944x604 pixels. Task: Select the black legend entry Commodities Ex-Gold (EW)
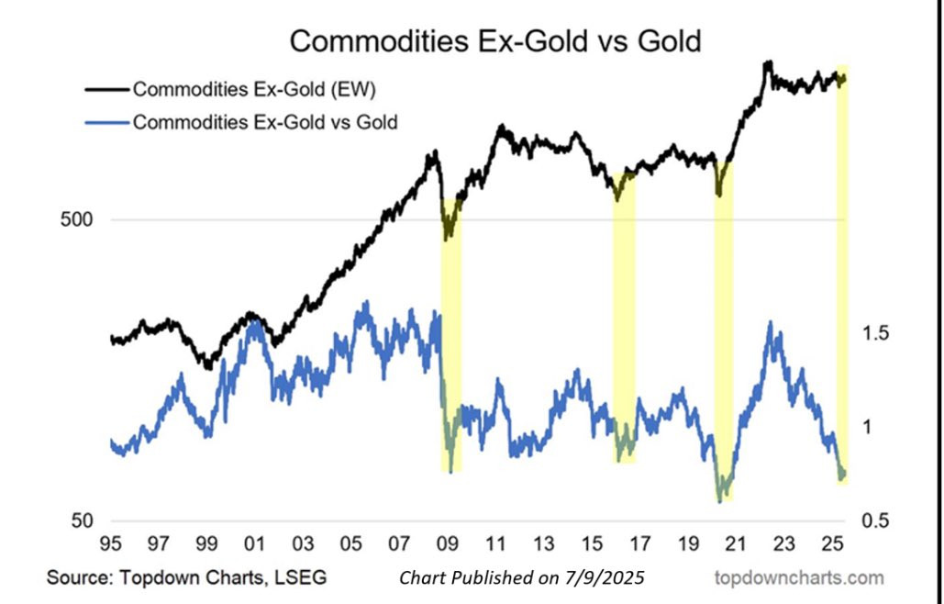(x=252, y=90)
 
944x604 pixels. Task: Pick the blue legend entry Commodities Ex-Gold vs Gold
(x=264, y=121)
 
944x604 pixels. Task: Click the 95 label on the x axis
(x=111, y=542)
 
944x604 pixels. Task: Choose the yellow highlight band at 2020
(x=724, y=330)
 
